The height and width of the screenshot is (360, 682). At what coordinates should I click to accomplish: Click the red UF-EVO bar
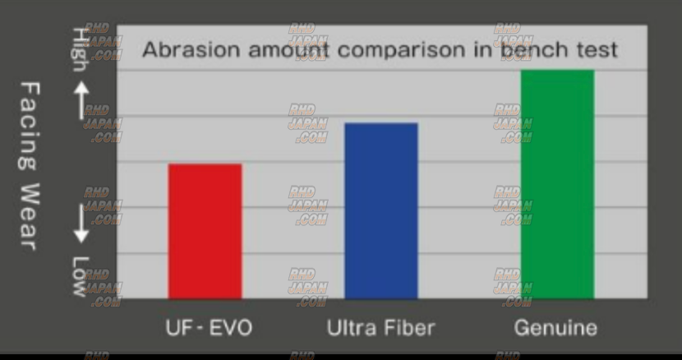pyautogui.click(x=205, y=231)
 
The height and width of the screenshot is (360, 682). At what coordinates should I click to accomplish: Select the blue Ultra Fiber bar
pyautogui.click(x=381, y=210)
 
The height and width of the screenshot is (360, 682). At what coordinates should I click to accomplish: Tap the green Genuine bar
pyautogui.click(x=557, y=184)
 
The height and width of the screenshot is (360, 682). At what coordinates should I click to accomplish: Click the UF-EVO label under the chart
pyautogui.click(x=209, y=328)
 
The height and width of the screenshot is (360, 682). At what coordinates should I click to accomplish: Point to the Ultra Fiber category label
pyautogui.click(x=381, y=328)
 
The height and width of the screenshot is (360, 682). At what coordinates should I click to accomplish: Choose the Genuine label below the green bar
pyautogui.click(x=555, y=328)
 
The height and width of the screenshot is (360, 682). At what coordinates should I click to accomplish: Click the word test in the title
pyautogui.click(x=597, y=49)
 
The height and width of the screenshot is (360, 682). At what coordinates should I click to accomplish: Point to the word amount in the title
pyautogui.click(x=288, y=49)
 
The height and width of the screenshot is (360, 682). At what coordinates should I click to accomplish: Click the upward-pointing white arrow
pyautogui.click(x=81, y=100)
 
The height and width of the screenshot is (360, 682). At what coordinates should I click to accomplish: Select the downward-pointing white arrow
pyautogui.click(x=81, y=224)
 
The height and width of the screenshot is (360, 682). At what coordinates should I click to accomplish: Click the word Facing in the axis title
pyautogui.click(x=30, y=126)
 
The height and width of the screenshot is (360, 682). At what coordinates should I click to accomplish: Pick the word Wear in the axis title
pyautogui.click(x=30, y=217)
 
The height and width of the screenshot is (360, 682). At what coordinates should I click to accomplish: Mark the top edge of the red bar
pyautogui.click(x=205, y=164)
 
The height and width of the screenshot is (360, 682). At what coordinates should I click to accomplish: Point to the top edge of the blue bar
pyautogui.click(x=381, y=123)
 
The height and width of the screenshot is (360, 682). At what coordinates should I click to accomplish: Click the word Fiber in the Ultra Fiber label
pyautogui.click(x=409, y=328)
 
